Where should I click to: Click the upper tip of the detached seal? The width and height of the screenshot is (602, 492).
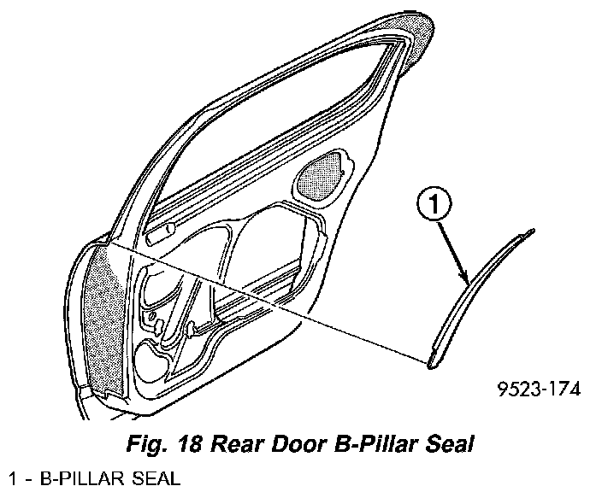(532, 231)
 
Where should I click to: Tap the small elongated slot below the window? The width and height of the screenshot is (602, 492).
(160, 228)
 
